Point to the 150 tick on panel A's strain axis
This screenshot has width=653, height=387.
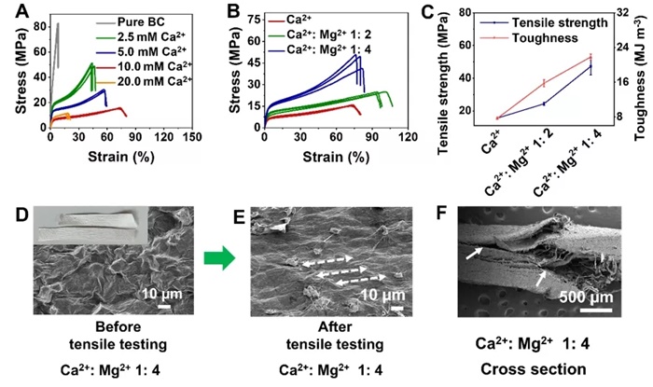(x=192, y=138)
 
